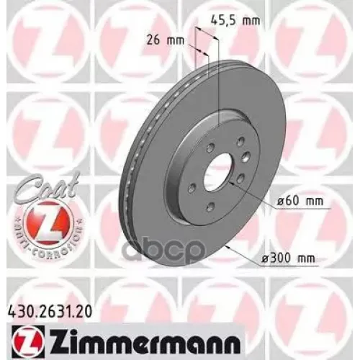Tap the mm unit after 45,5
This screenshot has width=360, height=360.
[x=251, y=20]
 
